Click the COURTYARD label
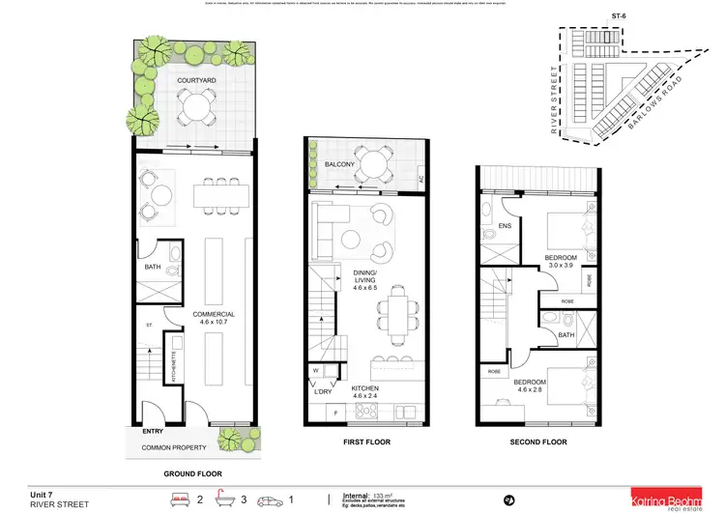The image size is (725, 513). point(194,80)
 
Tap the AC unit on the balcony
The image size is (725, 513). point(420,180)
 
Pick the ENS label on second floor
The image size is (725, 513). point(504,227)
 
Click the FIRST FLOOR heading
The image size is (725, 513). point(365,442)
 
